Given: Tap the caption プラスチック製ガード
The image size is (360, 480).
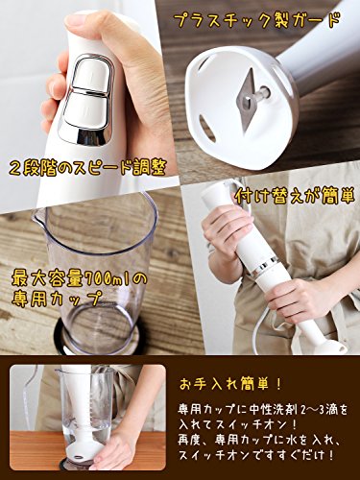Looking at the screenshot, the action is tap(257, 21).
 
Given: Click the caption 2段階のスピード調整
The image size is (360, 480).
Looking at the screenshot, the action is tap(86, 167).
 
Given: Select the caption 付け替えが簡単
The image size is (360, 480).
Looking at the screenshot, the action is tap(295, 196).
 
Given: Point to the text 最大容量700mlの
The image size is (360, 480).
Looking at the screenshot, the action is tap(80, 278).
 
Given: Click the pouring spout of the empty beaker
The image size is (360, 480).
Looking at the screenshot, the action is tap(39, 217).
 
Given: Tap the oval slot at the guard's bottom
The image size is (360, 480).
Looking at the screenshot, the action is tap(207, 128).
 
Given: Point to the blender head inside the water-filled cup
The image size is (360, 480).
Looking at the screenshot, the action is tap(80, 449).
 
